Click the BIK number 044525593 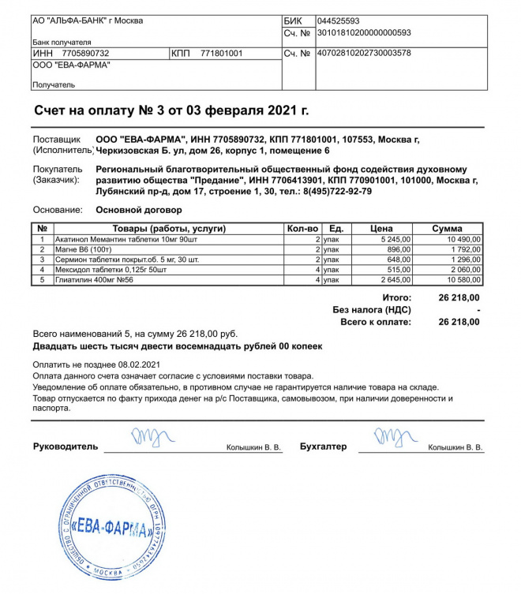point(338,21)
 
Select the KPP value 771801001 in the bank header point(223,54)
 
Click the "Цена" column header point(382,229)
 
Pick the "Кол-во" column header point(302,229)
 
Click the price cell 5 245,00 point(387,239)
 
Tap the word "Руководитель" point(66,446)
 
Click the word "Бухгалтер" point(323,446)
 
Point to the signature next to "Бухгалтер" point(395,437)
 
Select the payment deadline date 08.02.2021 point(138,364)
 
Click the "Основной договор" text point(138,210)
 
